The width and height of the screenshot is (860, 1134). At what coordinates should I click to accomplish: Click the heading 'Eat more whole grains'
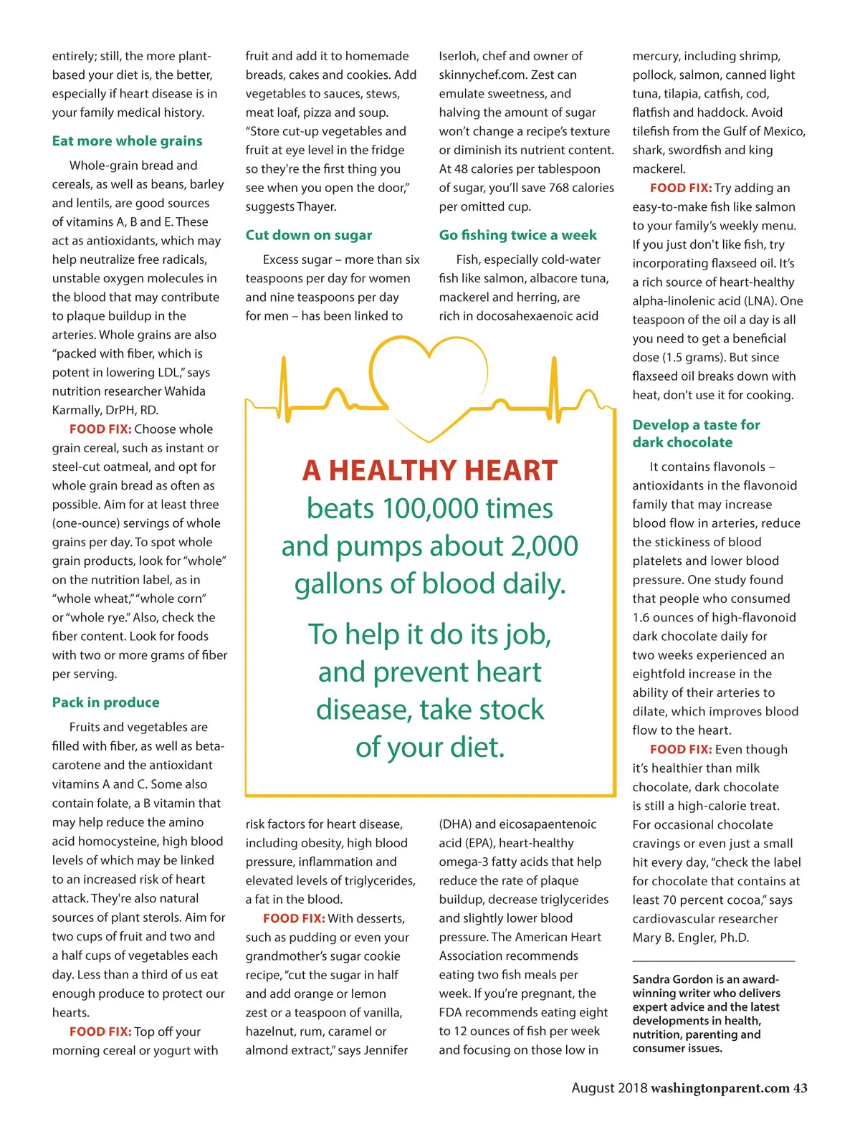click(x=127, y=141)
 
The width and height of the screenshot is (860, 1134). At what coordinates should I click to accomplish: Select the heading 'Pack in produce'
click(x=105, y=702)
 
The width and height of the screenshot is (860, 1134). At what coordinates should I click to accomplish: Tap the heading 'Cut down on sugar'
click(x=308, y=235)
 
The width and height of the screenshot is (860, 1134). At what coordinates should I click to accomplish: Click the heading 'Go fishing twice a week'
click(x=517, y=235)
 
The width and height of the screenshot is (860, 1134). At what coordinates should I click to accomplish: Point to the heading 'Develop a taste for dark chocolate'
click(x=696, y=434)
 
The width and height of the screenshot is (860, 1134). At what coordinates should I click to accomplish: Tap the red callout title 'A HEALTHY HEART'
click(x=430, y=471)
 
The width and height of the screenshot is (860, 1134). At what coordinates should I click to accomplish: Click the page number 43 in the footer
click(x=800, y=1088)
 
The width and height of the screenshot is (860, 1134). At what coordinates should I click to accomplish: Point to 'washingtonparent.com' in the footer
click(x=720, y=1088)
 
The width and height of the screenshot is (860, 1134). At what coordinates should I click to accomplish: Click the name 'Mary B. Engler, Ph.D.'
click(x=690, y=938)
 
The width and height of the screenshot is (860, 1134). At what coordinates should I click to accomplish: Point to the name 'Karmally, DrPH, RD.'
click(x=105, y=410)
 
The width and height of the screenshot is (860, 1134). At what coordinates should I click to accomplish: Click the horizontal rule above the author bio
click(x=713, y=961)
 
